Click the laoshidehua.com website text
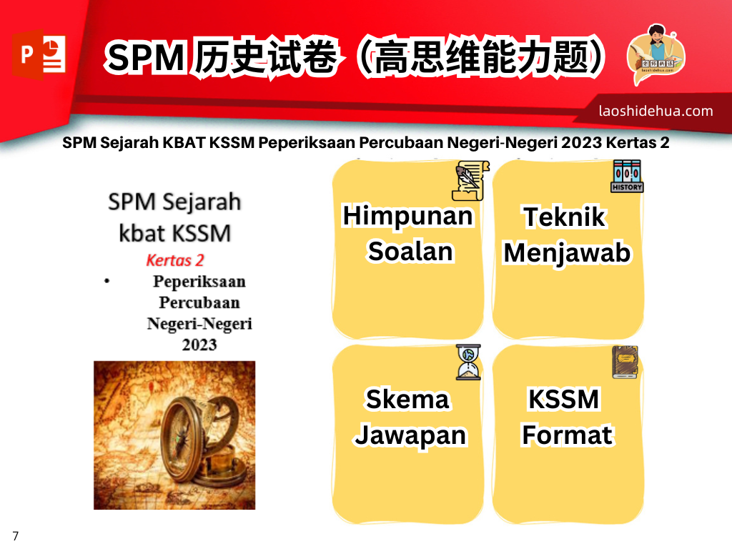coord(656,111)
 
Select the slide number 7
coord(16,536)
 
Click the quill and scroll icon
coord(470,179)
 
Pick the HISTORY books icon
coord(627,176)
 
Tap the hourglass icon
coord(468,362)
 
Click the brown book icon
coord(625,362)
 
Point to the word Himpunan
coord(407,216)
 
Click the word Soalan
coord(410,252)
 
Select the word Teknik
coord(565,217)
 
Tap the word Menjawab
coord(567,253)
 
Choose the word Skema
coord(407,399)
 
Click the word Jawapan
coord(410,435)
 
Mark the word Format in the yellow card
coord(567,435)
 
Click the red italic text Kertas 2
coord(175,259)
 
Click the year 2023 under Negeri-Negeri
coord(199,345)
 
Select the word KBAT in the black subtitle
coord(185,143)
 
